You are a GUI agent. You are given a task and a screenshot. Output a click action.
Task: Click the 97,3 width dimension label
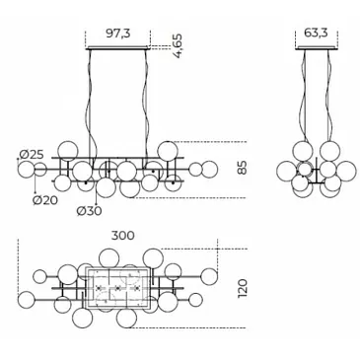[118, 34]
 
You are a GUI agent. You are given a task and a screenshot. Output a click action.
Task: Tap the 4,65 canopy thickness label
[178, 46]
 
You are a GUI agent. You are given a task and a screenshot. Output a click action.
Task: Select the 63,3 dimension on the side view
[316, 33]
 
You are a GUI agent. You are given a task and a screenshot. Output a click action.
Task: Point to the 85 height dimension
[242, 168]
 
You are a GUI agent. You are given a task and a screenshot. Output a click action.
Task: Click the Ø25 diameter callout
[32, 154]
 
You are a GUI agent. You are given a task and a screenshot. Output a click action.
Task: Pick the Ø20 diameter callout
[45, 199]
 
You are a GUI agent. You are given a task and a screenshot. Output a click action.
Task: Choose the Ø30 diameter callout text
[90, 211]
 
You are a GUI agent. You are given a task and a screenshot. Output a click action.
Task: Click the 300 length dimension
[122, 236]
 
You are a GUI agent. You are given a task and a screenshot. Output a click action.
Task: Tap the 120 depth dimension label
[242, 288]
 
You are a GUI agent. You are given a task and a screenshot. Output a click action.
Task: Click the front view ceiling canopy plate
[118, 48]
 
